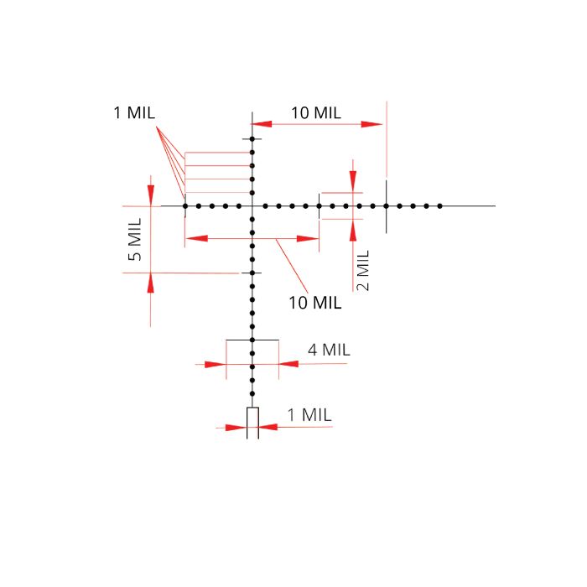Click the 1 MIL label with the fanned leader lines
click(134, 112)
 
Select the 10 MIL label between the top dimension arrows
click(316, 112)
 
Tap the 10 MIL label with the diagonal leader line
click(314, 303)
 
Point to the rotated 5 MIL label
click(135, 239)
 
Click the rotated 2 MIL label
click(363, 270)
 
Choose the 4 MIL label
click(329, 350)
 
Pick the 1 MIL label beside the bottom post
click(309, 415)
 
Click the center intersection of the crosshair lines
click(252, 206)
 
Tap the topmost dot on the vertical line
click(252, 139)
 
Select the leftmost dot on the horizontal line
click(185, 206)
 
